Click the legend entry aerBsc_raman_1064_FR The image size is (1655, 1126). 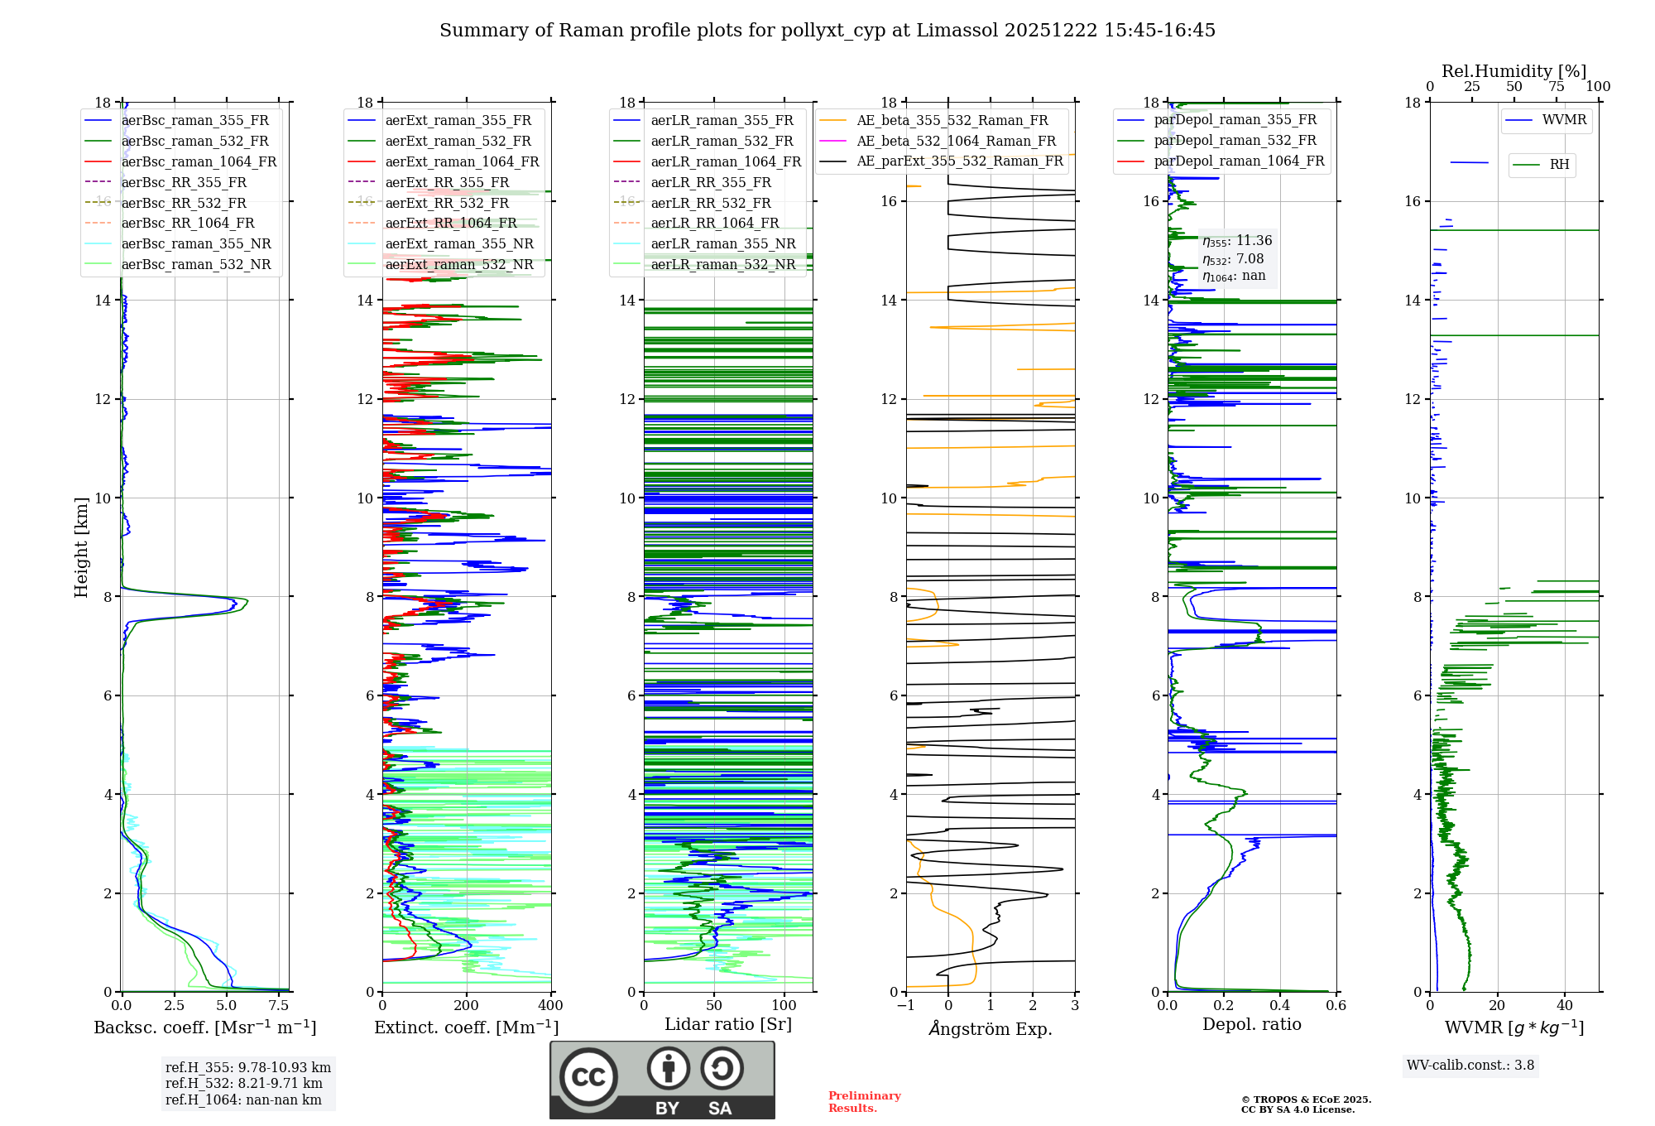pyautogui.click(x=199, y=161)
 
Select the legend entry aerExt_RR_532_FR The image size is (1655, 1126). pyautogui.click(x=447, y=203)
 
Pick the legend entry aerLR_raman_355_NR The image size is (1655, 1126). pyautogui.click(x=722, y=243)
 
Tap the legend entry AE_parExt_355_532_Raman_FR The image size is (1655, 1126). pyautogui.click(x=959, y=161)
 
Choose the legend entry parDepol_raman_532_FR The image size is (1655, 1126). pyautogui.click(x=1235, y=140)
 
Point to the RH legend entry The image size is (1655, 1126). pyautogui.click(x=1559, y=165)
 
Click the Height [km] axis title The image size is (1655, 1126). pyautogui.click(x=81, y=546)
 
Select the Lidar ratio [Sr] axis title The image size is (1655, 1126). pyautogui.click(x=728, y=1024)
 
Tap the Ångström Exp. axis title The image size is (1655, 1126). pyautogui.click(x=991, y=1028)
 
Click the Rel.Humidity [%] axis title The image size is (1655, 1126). pyautogui.click(x=1513, y=71)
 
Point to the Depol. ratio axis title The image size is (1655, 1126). pyautogui.click(x=1251, y=1024)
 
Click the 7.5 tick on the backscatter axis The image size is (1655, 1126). pyautogui.click(x=279, y=1006)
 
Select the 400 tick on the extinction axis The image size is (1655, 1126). pyautogui.click(x=551, y=1006)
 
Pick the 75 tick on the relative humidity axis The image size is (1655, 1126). pyautogui.click(x=1557, y=87)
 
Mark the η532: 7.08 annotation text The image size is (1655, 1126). pyautogui.click(x=1233, y=259)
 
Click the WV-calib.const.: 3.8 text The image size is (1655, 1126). pyautogui.click(x=1470, y=1065)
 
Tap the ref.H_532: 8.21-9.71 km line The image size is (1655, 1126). pyautogui.click(x=244, y=1083)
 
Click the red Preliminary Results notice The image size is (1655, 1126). pyautogui.click(x=864, y=1101)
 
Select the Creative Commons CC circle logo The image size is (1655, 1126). pyautogui.click(x=588, y=1077)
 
